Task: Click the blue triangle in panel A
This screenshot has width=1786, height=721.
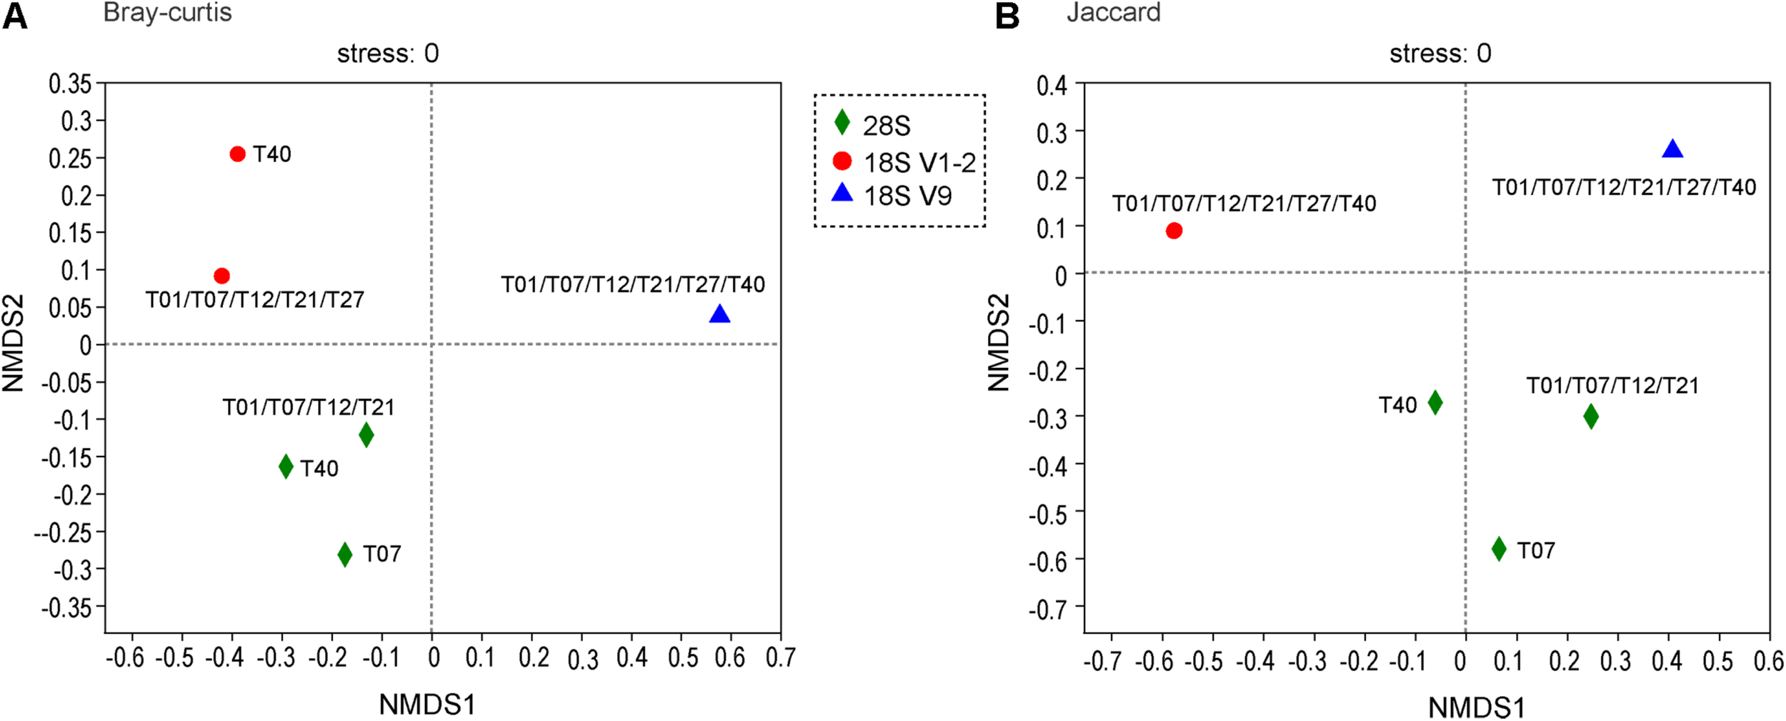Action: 719,314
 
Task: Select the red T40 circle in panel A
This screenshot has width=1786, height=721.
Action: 238,154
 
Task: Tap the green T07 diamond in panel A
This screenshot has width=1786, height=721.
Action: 345,554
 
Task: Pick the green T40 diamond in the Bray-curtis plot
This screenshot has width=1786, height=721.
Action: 286,467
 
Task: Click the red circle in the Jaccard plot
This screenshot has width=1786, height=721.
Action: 1174,230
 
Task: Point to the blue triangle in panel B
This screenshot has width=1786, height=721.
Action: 1672,149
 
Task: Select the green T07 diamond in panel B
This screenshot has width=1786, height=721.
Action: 1499,549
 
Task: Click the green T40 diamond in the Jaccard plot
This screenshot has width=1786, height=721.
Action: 1435,402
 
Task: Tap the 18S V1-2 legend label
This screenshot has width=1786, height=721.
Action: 919,163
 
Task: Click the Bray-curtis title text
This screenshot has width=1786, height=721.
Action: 167,12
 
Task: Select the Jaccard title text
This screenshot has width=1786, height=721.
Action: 1113,12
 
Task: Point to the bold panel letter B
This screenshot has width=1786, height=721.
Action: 1007,15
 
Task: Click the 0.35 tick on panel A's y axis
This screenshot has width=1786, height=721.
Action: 71,84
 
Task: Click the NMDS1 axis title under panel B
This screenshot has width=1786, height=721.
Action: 1476,707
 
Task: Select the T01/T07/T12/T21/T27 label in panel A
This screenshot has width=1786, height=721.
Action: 255,299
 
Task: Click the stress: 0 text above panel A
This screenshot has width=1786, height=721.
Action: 388,54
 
